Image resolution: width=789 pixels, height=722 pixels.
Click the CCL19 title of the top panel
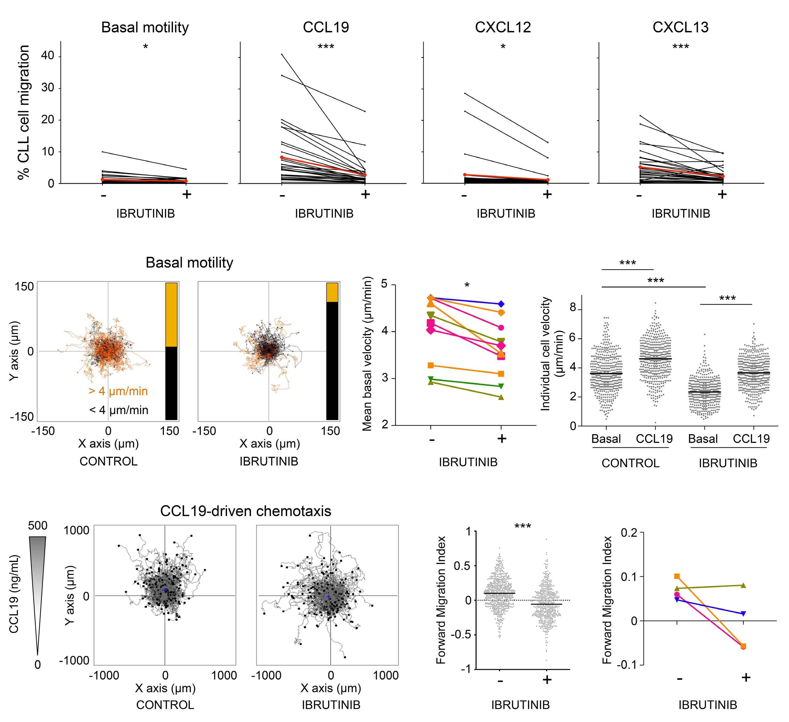pyautogui.click(x=326, y=27)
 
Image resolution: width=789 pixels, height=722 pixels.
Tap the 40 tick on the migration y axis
pyautogui.click(x=48, y=56)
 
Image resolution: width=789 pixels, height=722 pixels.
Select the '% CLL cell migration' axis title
pyautogui.click(x=24, y=112)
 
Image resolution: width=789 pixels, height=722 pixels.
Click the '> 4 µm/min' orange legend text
pyautogui.click(x=118, y=391)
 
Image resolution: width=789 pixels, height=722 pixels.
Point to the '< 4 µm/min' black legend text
pyautogui.click(x=119, y=410)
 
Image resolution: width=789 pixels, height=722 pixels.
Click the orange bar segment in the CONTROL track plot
pyautogui.click(x=171, y=315)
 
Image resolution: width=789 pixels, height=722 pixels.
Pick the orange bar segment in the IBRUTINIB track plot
pyautogui.click(x=332, y=293)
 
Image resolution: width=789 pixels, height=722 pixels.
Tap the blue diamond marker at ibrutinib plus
pyautogui.click(x=501, y=304)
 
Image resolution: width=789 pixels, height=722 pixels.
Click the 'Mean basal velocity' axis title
pyautogui.click(x=367, y=354)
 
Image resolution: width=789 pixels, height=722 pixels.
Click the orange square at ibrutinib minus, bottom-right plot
pyautogui.click(x=677, y=576)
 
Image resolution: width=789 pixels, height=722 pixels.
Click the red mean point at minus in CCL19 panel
pyautogui.click(x=282, y=157)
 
